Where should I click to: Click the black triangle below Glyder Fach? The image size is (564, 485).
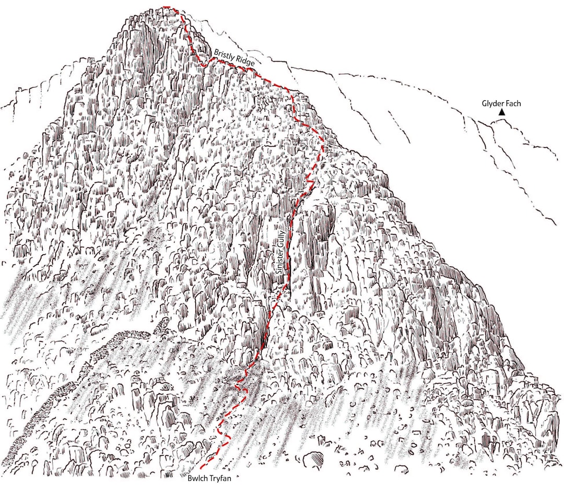click(x=501, y=112)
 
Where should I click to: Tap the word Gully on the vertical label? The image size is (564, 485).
click(x=281, y=238)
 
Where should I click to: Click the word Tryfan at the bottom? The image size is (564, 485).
click(x=219, y=478)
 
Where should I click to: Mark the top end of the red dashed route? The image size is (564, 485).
click(x=164, y=7)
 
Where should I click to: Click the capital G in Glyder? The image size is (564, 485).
click(x=484, y=104)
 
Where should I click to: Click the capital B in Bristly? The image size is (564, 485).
click(x=216, y=52)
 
